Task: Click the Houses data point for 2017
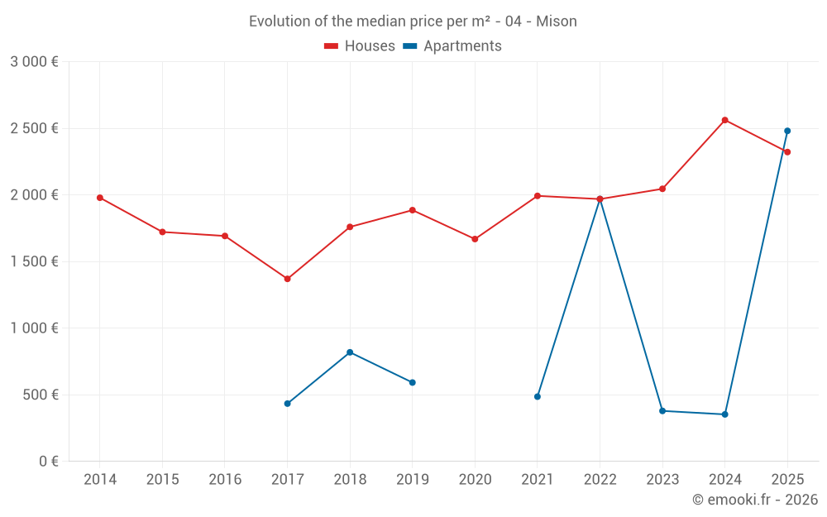(x=287, y=279)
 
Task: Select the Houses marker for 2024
(x=724, y=120)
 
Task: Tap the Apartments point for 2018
(x=350, y=352)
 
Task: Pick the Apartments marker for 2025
(x=787, y=131)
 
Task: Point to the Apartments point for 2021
(x=538, y=397)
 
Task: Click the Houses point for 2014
(x=100, y=198)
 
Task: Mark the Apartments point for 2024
(x=724, y=414)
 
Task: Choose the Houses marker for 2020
(x=475, y=239)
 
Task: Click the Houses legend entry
(x=360, y=46)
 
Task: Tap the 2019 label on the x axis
(x=413, y=480)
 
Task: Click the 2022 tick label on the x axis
(x=600, y=480)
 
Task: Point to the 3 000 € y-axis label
(x=34, y=62)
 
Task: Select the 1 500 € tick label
(x=34, y=261)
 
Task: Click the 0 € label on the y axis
(x=48, y=462)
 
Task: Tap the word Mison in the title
(x=557, y=22)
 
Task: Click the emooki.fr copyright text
(x=755, y=500)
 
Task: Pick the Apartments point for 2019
(x=413, y=382)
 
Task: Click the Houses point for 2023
(x=662, y=189)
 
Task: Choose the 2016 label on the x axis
(x=225, y=480)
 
